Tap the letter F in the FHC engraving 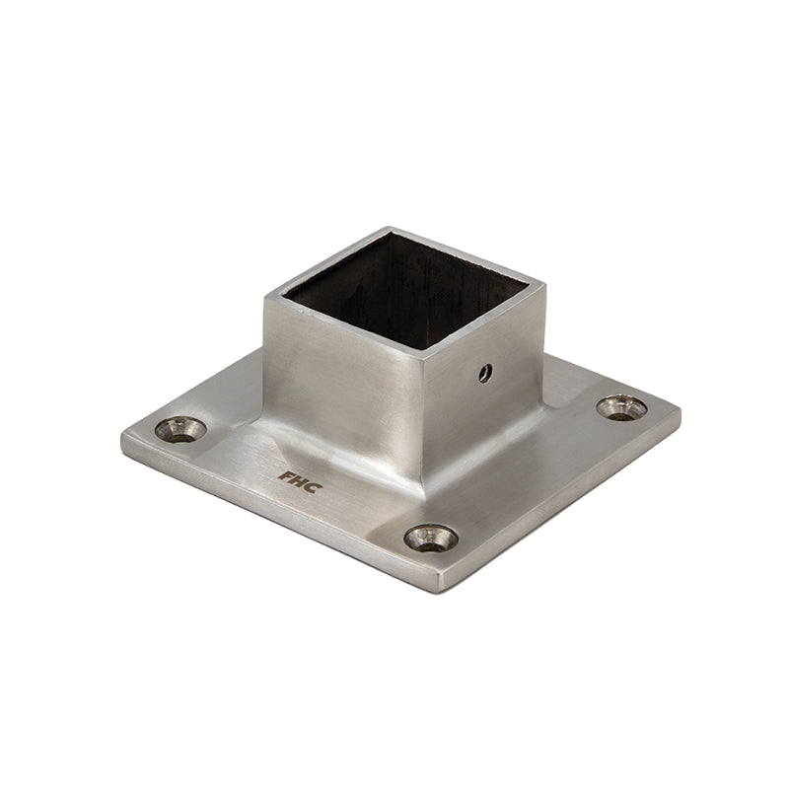click(285, 474)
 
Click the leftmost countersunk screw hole click(181, 429)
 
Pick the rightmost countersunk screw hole click(622, 406)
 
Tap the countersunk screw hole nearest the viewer click(431, 538)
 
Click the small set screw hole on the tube click(484, 372)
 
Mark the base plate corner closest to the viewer click(448, 589)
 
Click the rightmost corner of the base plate click(679, 409)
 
